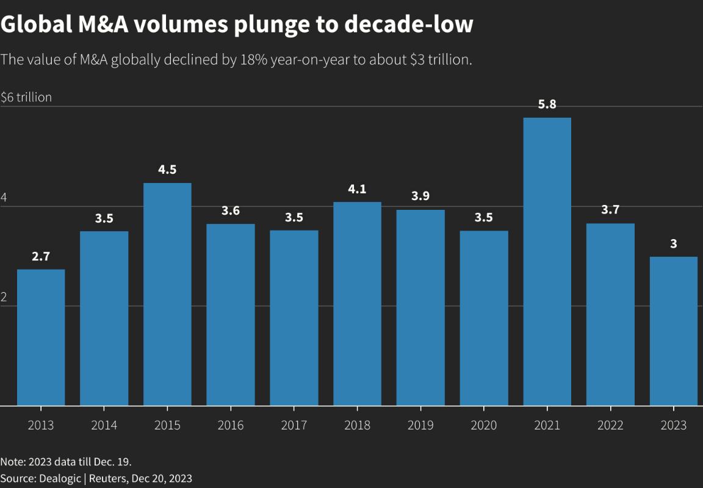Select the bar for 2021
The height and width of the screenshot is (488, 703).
tap(547, 262)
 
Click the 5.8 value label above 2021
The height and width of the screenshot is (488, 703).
tap(547, 104)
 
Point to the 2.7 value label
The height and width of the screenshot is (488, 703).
tap(41, 256)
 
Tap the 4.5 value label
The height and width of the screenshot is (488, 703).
tap(167, 170)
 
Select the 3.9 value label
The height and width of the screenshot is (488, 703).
tap(420, 196)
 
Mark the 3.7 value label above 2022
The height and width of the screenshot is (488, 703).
tap(610, 210)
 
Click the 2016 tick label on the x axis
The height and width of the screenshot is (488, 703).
tap(231, 425)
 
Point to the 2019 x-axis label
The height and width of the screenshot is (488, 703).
tap(420, 425)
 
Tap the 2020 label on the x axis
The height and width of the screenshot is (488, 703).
tap(484, 425)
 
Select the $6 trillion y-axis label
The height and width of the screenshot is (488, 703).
tap(26, 97)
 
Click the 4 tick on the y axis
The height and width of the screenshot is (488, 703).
tap(4, 198)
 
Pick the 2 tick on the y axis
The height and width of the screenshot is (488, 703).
tap(4, 298)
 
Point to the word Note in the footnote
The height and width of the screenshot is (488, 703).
tap(12, 461)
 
